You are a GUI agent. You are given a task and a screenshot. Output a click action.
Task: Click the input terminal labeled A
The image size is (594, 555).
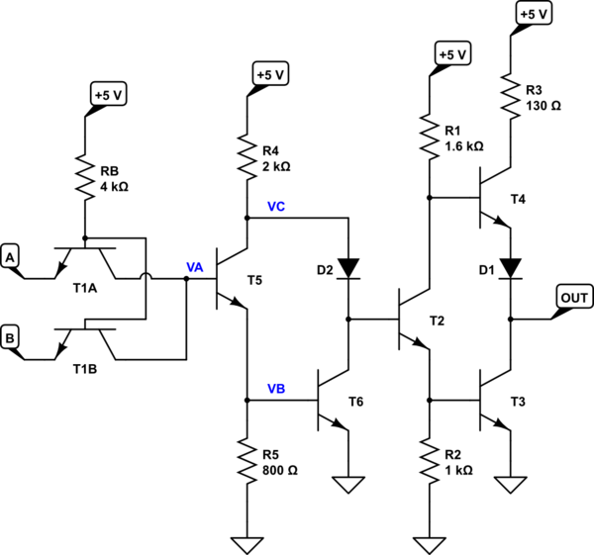coord(10,257)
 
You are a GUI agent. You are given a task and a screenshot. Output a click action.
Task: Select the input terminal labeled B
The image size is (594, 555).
coord(10,337)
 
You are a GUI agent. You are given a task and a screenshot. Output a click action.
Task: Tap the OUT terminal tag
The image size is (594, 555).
coord(574,298)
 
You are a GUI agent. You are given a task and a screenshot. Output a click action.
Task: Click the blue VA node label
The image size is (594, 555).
coord(195,268)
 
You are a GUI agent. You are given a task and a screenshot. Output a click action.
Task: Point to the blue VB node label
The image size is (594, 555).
coord(276,389)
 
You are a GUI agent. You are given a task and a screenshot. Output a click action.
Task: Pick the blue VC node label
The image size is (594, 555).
coord(276,207)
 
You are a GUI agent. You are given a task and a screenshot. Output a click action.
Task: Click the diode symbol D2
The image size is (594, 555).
coord(348,269)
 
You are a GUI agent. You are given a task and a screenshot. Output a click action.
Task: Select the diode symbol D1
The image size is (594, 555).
coord(511,269)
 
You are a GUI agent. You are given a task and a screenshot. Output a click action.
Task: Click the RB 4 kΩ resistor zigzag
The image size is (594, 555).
coord(85,177)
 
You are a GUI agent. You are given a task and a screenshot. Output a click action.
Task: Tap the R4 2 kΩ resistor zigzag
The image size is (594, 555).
coord(247,156)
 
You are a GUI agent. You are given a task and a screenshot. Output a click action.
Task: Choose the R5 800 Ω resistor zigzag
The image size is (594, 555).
coord(247,461)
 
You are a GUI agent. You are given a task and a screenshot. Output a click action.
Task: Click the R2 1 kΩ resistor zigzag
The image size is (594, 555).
coord(430,461)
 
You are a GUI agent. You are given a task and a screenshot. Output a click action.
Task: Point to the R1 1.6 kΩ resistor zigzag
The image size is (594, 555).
coord(430,137)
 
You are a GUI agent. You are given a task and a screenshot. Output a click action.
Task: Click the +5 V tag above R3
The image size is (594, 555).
coord(534,14)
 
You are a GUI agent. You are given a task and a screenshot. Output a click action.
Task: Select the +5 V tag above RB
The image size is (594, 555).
coord(108,95)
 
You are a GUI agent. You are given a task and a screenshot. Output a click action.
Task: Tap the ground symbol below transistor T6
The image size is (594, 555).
coord(348,485)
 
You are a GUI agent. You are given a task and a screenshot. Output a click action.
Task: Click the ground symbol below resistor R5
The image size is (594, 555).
coord(247,545)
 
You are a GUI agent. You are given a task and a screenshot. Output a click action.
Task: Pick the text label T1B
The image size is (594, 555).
coord(85,369)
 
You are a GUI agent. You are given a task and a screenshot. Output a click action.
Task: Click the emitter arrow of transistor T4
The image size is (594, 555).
coord(502,222)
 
